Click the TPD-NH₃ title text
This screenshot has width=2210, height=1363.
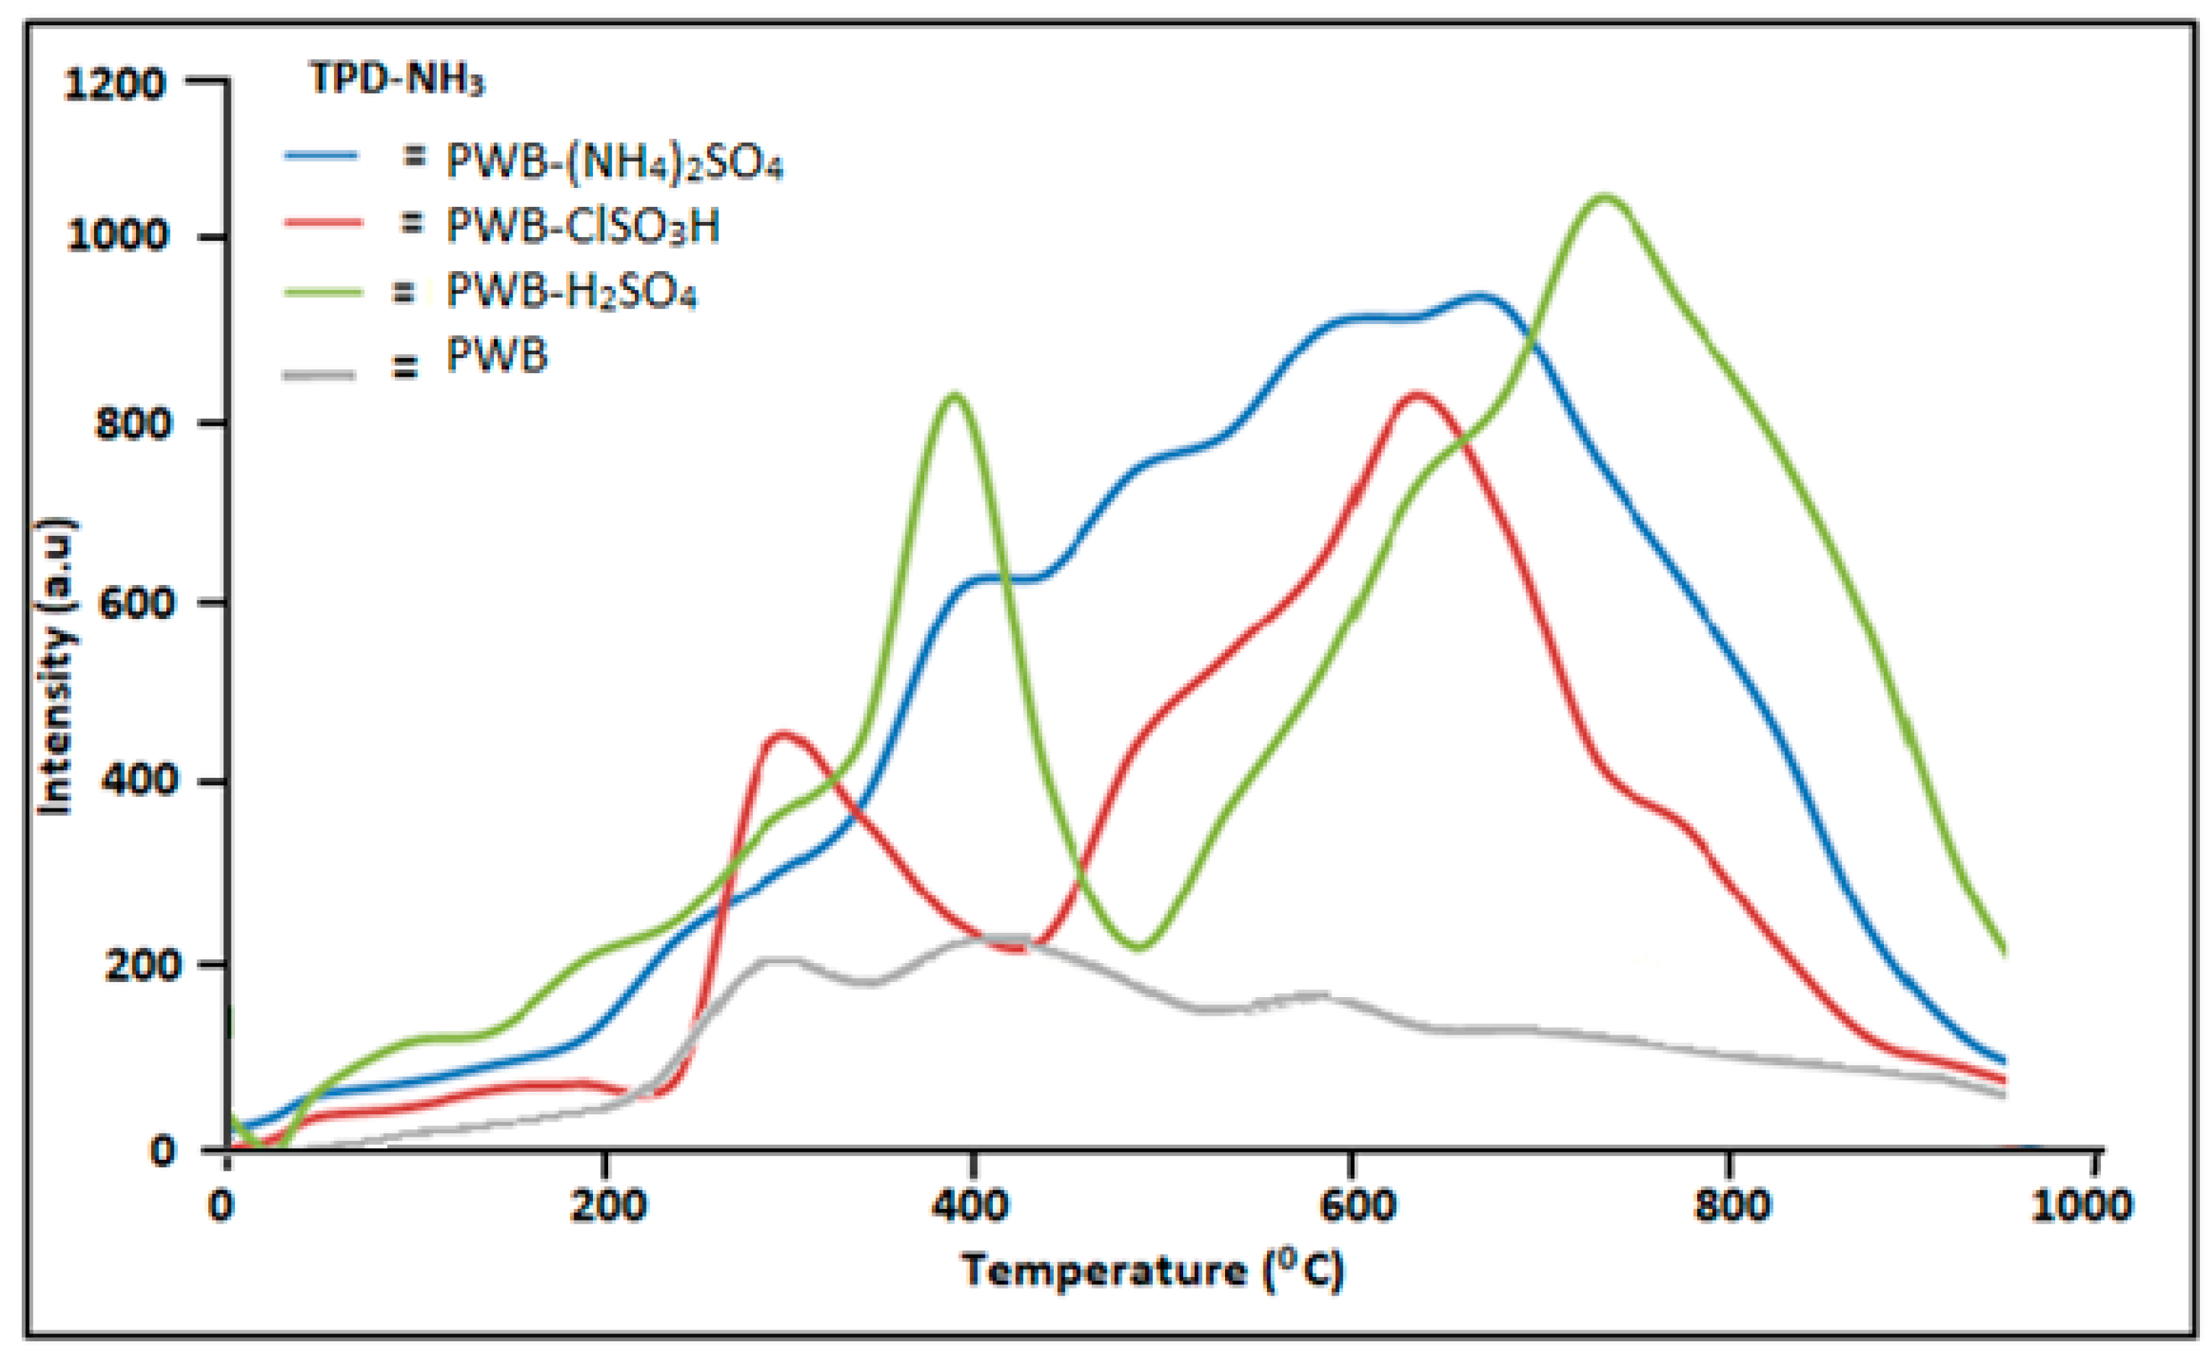(396, 80)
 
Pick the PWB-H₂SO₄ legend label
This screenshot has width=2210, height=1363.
(571, 291)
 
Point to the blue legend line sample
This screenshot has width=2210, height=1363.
(321, 155)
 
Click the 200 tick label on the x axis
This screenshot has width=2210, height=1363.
(607, 1205)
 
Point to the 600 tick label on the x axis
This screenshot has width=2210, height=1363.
(1357, 1205)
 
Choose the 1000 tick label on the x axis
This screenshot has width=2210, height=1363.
(2081, 1205)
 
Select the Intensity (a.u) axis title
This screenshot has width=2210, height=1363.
(56, 667)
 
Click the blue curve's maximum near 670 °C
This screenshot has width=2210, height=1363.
(1479, 296)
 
